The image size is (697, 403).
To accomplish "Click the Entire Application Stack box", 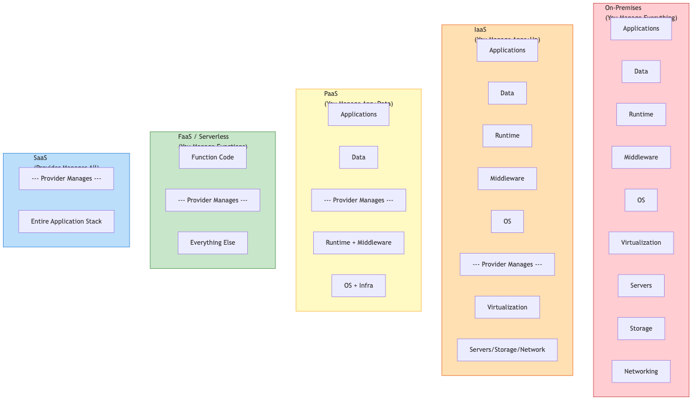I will pyautogui.click(x=66, y=221).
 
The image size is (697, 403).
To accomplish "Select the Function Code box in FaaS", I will pyautogui.click(x=213, y=157).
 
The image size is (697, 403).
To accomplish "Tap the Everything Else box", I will pyautogui.click(x=213, y=242).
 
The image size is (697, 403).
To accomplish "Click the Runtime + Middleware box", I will pyautogui.click(x=359, y=242).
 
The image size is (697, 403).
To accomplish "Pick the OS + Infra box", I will pyautogui.click(x=359, y=285).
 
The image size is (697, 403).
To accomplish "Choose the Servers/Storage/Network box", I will pyautogui.click(x=507, y=349).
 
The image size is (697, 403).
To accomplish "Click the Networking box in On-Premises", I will pyautogui.click(x=640, y=371).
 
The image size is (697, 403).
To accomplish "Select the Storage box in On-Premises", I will pyautogui.click(x=640, y=328).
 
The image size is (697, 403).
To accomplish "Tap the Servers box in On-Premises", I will pyautogui.click(x=640, y=285).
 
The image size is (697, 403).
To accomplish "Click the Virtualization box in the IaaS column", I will pyautogui.click(x=507, y=307).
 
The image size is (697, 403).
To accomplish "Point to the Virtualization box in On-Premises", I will pyautogui.click(x=640, y=242).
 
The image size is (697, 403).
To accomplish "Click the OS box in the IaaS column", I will pyautogui.click(x=507, y=221).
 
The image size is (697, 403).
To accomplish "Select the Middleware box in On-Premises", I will pyautogui.click(x=640, y=157).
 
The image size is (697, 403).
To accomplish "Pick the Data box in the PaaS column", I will pyautogui.click(x=359, y=157).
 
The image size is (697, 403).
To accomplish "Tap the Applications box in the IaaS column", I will pyautogui.click(x=507, y=50).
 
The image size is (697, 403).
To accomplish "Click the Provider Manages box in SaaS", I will pyautogui.click(x=66, y=178).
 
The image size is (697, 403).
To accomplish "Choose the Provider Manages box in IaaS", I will pyautogui.click(x=507, y=264).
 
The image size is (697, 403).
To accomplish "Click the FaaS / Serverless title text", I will pyautogui.click(x=204, y=136).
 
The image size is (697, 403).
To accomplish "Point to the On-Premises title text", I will pyautogui.click(x=623, y=8).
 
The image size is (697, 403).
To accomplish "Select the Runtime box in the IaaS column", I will pyautogui.click(x=507, y=135).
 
